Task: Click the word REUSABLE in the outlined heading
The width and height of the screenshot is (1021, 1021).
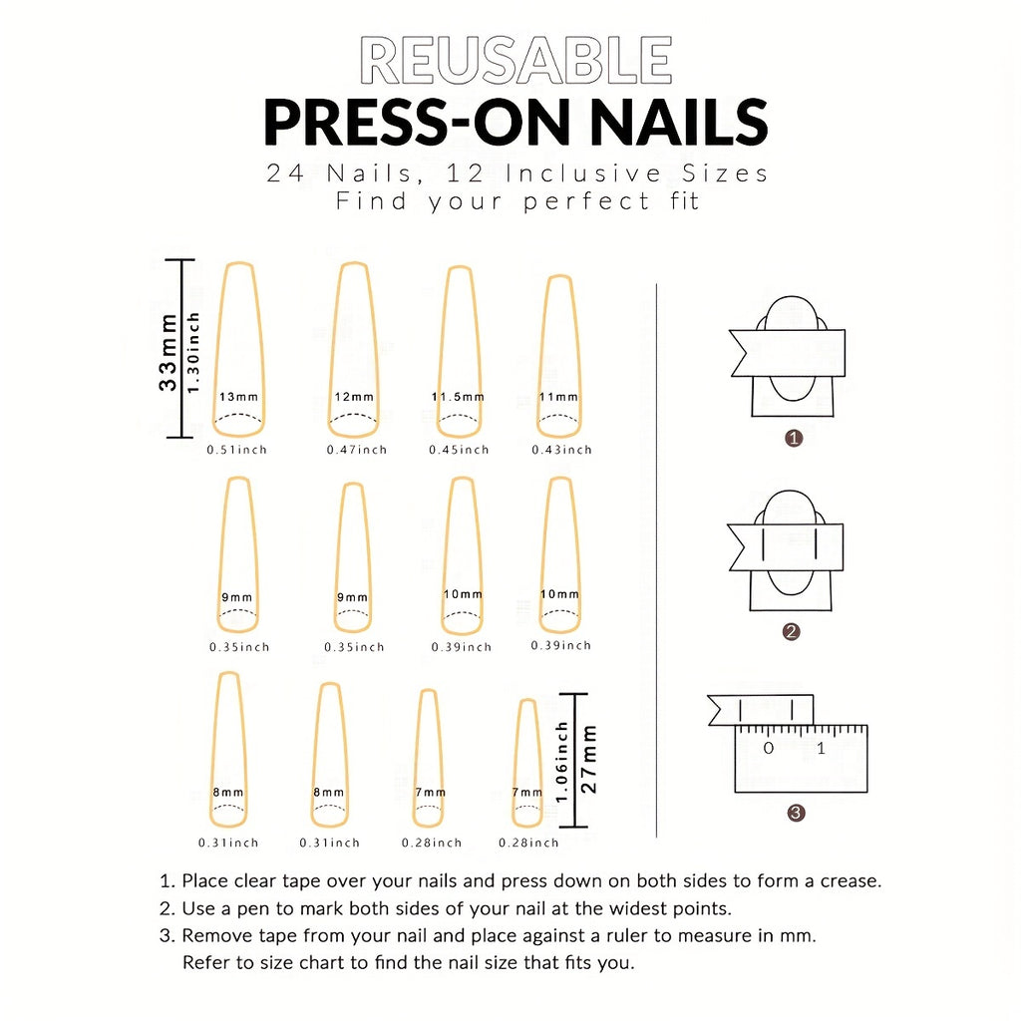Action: click(515, 62)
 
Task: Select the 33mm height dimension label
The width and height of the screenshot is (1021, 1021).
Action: click(169, 351)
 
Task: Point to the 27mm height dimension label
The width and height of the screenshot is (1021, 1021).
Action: click(589, 759)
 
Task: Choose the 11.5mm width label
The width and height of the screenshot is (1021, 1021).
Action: click(458, 397)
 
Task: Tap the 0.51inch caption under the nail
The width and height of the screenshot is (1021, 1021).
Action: click(237, 450)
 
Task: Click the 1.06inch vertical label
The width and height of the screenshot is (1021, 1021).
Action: click(562, 761)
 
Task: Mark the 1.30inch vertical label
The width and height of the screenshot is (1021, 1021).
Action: click(193, 351)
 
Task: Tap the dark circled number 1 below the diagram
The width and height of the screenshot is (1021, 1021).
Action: click(794, 439)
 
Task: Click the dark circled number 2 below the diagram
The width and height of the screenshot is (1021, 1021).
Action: click(792, 632)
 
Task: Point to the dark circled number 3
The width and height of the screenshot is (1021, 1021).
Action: click(796, 813)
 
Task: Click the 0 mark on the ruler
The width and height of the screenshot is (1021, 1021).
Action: click(768, 748)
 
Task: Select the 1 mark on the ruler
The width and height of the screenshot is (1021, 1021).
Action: click(821, 748)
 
